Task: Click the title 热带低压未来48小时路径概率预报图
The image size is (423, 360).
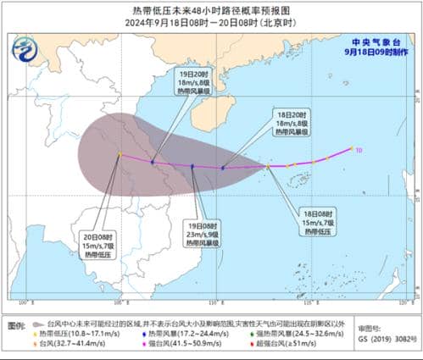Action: [211, 10]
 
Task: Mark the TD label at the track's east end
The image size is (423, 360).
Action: [359, 150]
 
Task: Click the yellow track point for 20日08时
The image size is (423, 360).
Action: [120, 154]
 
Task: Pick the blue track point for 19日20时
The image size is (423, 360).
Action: [153, 161]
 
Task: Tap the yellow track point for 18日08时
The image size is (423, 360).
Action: [268, 167]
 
